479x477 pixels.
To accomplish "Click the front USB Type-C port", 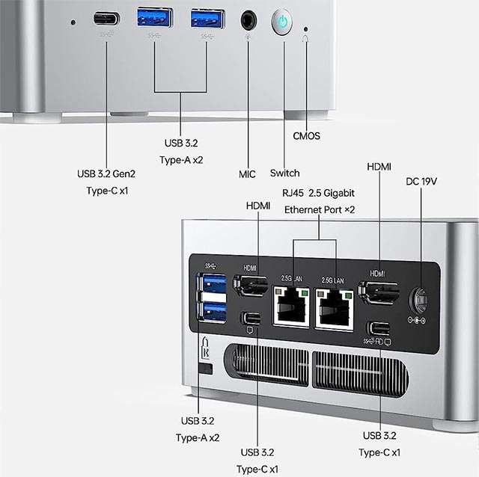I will [106, 18].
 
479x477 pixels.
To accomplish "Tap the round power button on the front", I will [282, 22].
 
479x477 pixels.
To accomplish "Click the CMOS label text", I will [305, 136].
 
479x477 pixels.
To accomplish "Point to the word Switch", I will [284, 173].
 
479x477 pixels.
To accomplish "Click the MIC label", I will [247, 174].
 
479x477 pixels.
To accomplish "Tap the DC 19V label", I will [422, 182].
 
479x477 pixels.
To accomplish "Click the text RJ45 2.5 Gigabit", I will [318, 193].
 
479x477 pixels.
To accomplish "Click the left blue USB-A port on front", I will [155, 16].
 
